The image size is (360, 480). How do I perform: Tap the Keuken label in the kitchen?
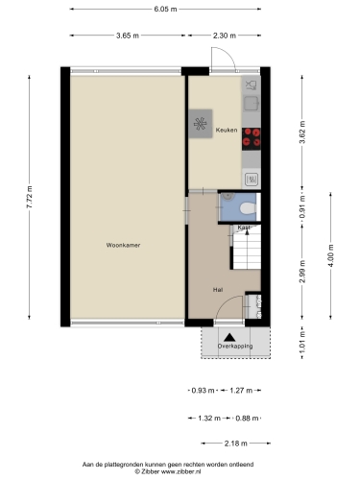click(227, 130)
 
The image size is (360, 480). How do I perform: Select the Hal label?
click(218, 290)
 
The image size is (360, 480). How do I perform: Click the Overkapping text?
click(235, 346)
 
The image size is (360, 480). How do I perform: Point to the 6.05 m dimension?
click(165, 9)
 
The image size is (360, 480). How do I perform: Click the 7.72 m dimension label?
click(29, 197)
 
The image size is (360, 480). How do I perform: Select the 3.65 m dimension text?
click(128, 36)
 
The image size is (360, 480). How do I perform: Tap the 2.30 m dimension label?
click(225, 36)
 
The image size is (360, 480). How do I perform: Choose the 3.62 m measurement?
click(302, 132)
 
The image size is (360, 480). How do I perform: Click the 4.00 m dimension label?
click(330, 255)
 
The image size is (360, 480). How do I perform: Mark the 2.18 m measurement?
click(236, 444)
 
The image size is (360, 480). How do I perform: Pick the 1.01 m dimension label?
click(302, 342)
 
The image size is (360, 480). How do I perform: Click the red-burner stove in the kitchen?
click(252, 139)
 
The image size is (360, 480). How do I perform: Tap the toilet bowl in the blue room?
click(248, 208)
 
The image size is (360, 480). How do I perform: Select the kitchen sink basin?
click(252, 104)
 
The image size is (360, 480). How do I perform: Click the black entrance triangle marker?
click(229, 337)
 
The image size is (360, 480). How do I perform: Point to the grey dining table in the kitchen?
click(201, 124)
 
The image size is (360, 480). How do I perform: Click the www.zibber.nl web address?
click(180, 471)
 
